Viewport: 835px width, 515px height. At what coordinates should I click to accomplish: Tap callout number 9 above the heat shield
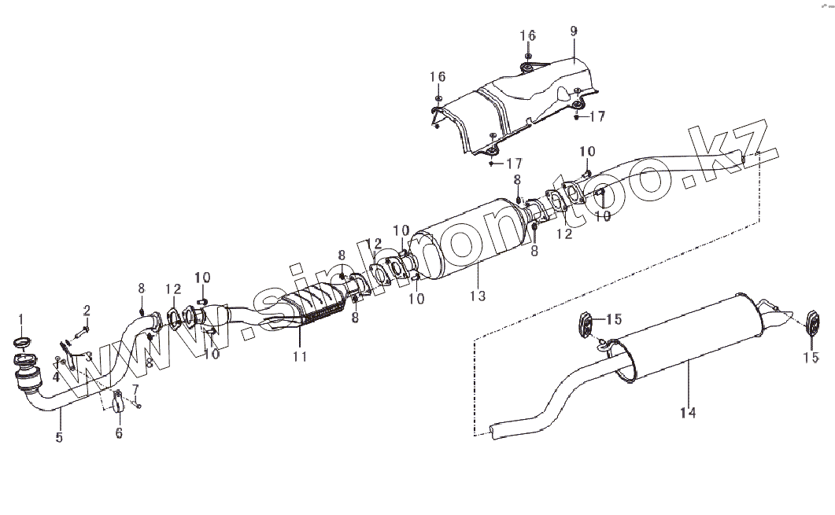(574, 31)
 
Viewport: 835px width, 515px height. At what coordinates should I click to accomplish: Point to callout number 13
(478, 296)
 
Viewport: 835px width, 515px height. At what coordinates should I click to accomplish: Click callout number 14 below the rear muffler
(689, 411)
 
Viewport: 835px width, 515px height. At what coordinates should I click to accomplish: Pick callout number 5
(59, 438)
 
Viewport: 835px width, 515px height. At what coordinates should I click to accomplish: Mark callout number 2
(87, 310)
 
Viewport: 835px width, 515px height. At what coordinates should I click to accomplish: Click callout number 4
(57, 377)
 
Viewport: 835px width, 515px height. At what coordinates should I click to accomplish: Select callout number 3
(89, 356)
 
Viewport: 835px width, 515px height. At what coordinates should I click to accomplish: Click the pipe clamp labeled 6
(118, 403)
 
